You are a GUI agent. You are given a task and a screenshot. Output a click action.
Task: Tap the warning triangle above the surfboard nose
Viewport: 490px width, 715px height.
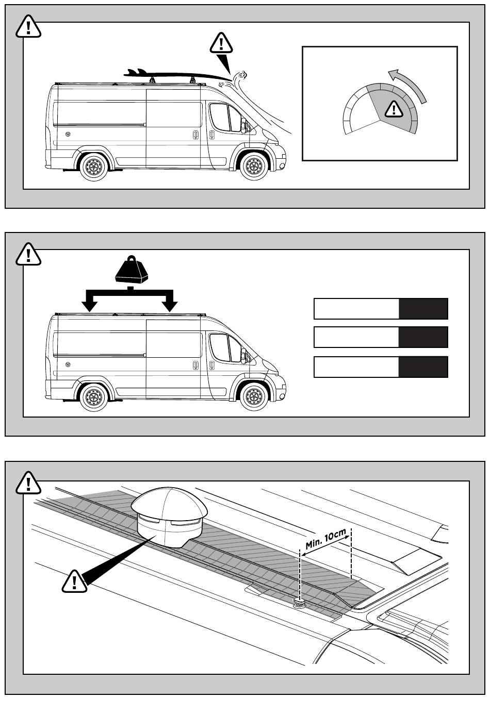221,43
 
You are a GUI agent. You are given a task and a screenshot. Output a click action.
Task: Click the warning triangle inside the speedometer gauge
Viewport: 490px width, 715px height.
394,109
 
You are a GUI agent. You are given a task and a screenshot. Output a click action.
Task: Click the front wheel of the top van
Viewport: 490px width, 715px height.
254,167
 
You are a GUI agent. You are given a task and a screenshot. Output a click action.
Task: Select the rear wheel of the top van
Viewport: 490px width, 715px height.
93,167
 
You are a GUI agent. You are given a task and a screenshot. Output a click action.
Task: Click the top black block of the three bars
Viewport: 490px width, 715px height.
423,309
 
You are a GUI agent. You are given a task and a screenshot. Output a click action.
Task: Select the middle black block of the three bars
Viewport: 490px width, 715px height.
423,337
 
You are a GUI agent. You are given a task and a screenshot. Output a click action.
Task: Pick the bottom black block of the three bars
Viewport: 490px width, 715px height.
423,367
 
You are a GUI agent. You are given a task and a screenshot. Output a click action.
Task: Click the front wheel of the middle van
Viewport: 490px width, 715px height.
254,396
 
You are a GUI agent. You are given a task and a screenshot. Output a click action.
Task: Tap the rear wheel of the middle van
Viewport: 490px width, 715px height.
93,397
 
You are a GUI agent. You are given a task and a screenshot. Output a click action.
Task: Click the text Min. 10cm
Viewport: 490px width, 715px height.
325,539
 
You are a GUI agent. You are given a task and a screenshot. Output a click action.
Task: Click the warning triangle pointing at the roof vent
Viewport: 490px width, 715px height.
74,581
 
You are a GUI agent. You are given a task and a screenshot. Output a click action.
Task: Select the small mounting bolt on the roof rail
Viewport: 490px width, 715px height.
300,603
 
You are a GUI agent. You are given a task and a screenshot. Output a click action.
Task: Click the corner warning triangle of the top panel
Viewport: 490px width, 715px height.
28,27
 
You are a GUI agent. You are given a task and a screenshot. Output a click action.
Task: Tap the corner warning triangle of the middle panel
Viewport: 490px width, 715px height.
28,254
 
